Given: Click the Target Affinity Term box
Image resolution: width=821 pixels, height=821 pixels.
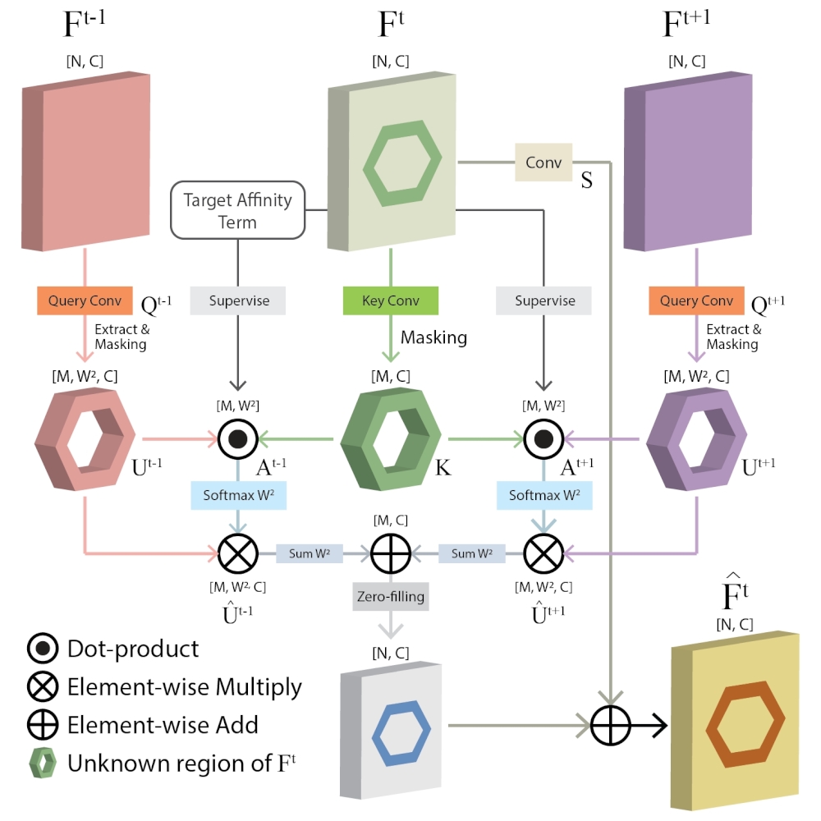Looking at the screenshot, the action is tap(238, 210).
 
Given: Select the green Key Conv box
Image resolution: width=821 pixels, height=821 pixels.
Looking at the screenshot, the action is tap(391, 300).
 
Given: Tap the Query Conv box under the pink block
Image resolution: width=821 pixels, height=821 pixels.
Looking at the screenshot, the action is tap(85, 300).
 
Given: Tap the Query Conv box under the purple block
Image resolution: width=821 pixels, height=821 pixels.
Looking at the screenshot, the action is tap(696, 300).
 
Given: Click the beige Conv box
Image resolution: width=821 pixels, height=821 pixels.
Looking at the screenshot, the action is tap(544, 163).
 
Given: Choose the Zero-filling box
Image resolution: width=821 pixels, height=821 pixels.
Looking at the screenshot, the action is tap(391, 596).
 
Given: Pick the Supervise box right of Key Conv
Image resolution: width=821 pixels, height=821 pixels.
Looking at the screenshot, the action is tap(544, 300).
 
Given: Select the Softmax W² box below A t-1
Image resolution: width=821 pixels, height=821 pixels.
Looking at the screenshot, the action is tap(238, 495).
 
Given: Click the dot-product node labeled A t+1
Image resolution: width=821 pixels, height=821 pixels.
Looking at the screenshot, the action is tap(544, 439).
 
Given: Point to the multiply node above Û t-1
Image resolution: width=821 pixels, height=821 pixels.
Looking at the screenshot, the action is tap(238, 553).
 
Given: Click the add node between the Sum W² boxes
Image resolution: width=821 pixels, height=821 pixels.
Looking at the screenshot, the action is tap(391, 553).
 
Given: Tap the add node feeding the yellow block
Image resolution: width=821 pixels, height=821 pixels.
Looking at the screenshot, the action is tap(611, 725).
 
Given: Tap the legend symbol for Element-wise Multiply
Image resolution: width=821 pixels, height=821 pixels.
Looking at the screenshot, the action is tap(43, 687).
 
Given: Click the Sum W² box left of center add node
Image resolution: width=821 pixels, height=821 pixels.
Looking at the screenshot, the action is tap(310, 553).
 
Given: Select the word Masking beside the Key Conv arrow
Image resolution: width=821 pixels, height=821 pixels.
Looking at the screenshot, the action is tap(433, 337).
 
